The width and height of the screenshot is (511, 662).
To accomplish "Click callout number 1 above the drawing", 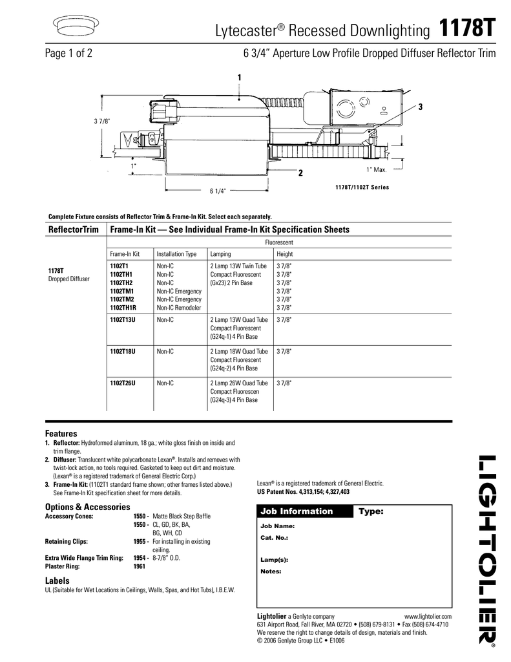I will tap(239, 78).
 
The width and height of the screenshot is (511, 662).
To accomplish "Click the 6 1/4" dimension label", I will tap(218, 191).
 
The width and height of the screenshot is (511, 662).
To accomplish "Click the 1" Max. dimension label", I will tap(376, 169).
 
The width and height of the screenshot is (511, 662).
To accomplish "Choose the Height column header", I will tap(284, 254).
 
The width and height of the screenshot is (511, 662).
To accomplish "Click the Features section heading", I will tap(61, 433).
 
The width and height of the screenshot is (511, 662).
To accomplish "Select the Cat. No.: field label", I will tap(274, 537).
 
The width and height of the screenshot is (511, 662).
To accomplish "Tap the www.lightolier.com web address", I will tap(427, 617).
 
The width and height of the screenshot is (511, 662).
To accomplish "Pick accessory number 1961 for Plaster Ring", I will tap(139, 566).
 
